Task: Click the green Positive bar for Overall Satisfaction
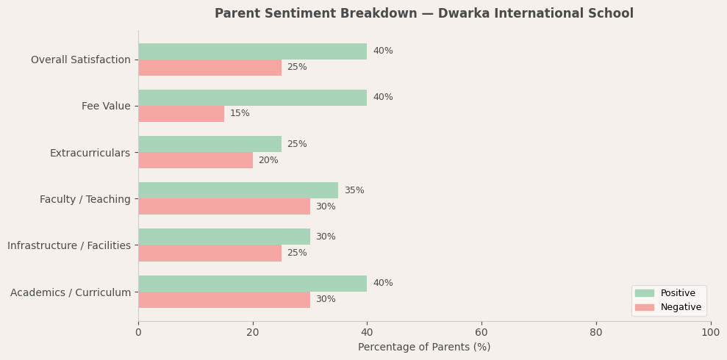[252, 51]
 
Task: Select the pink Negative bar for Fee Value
[181, 114]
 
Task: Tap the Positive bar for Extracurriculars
[209, 144]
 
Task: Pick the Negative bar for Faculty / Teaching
[223, 206]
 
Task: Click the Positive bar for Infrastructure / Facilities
[223, 237]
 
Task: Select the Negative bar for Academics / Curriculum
[223, 300]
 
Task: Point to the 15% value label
[240, 114]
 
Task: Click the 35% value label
[354, 191]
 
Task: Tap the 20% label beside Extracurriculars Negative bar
[268, 161]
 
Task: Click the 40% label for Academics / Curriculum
[382, 284]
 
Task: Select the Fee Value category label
[106, 107]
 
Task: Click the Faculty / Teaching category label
[85, 200]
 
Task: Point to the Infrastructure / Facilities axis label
[69, 246]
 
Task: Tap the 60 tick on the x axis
[481, 333]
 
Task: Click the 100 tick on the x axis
[710, 333]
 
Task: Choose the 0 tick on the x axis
[138, 333]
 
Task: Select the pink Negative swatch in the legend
[644, 308]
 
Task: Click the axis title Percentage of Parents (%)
[424, 348]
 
